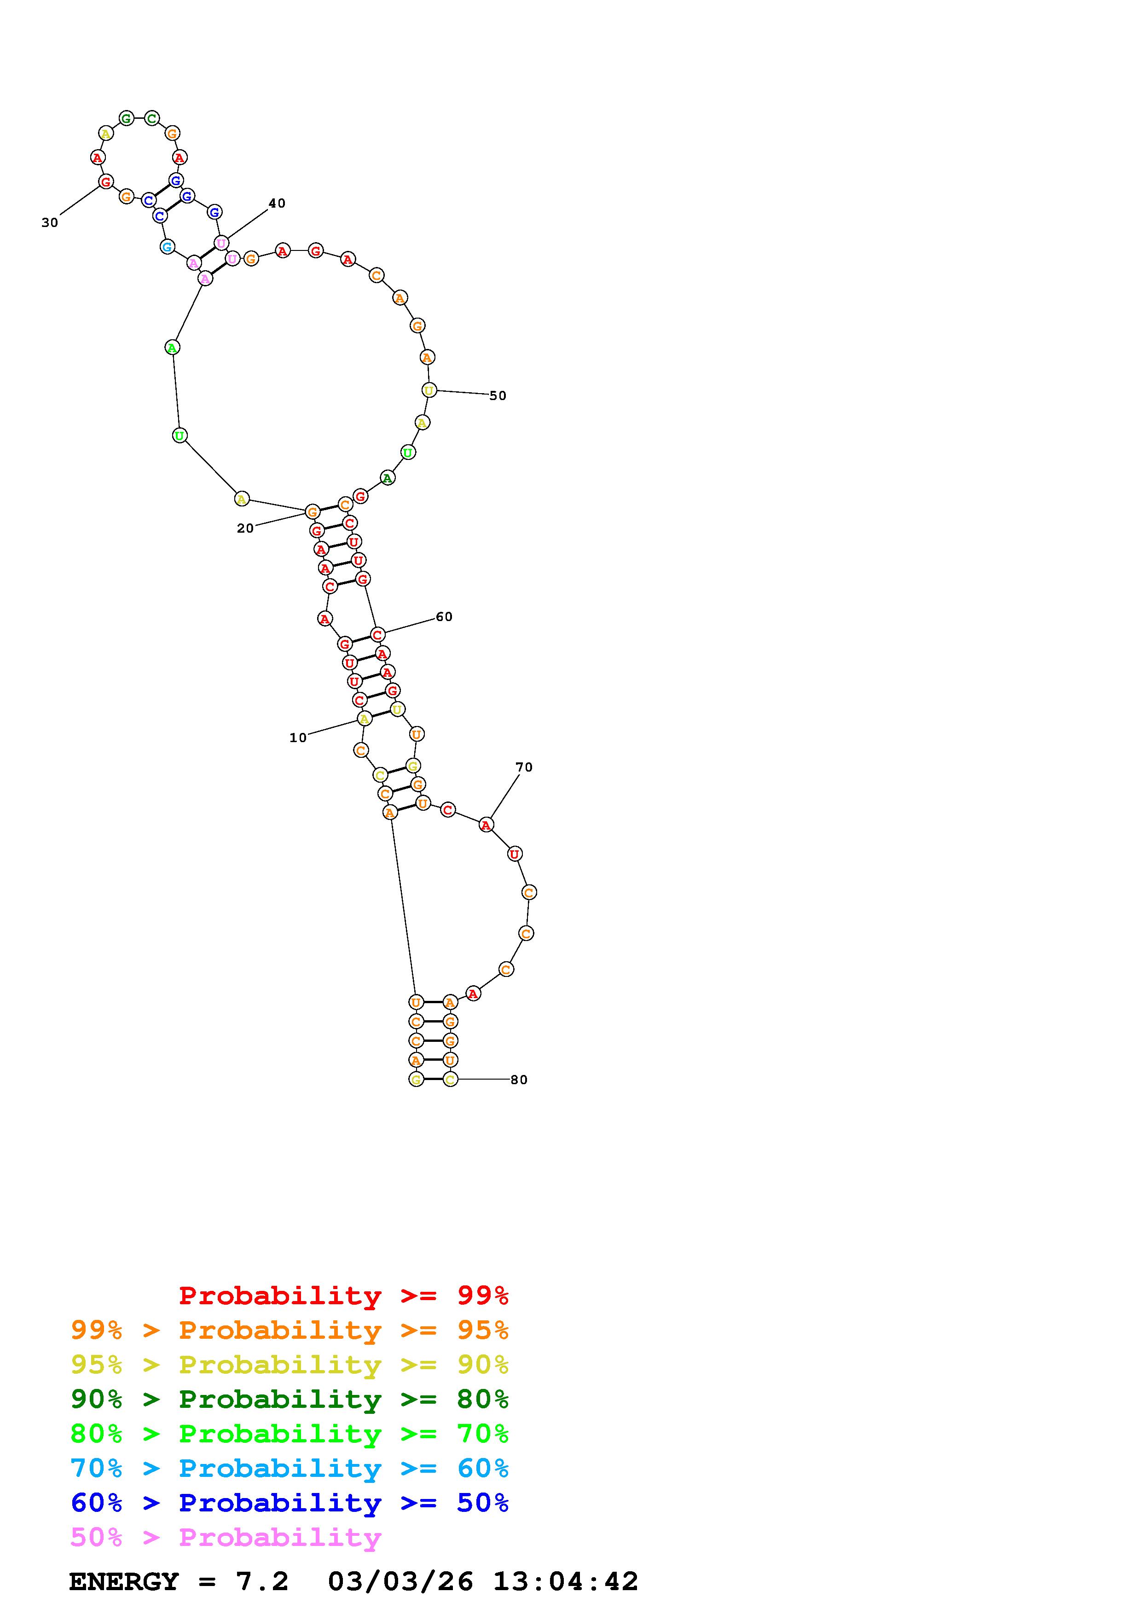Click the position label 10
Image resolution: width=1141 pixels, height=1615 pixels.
[298, 738]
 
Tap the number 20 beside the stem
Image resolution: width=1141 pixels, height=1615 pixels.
[245, 528]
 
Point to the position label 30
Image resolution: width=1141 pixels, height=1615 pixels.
[50, 223]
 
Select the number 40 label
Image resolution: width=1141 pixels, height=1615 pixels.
[277, 203]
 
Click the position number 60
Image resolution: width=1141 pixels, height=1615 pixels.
[444, 617]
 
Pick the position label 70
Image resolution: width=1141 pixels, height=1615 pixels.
[524, 767]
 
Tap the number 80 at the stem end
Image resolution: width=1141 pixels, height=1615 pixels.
[519, 1080]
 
